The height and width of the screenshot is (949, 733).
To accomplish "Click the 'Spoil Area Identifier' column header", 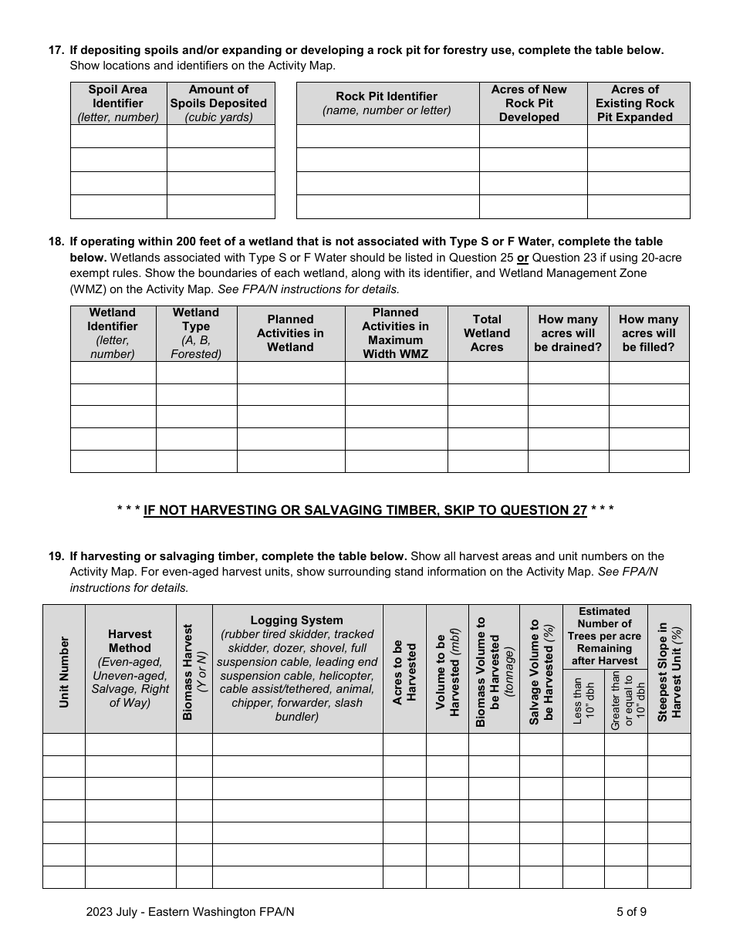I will [x=118, y=103].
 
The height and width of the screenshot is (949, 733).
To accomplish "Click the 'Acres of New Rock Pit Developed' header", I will [x=529, y=103].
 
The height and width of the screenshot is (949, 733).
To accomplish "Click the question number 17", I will [x=56, y=50].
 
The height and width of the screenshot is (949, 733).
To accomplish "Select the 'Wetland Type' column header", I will [x=196, y=333].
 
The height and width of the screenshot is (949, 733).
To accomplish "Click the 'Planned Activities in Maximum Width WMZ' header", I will [x=395, y=333].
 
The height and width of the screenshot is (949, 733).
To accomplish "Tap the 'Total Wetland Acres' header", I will [x=487, y=333].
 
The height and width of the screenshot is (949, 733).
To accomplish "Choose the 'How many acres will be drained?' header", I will [x=568, y=333].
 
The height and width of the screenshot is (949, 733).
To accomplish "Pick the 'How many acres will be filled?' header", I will [x=648, y=333].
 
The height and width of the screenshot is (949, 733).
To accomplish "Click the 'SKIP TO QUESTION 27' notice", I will [x=365, y=510].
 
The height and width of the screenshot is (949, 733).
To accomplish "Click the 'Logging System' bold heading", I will [x=296, y=620].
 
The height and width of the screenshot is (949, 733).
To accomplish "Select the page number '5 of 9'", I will [x=631, y=911].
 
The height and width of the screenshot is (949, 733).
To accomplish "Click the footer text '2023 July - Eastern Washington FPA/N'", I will [x=191, y=911].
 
